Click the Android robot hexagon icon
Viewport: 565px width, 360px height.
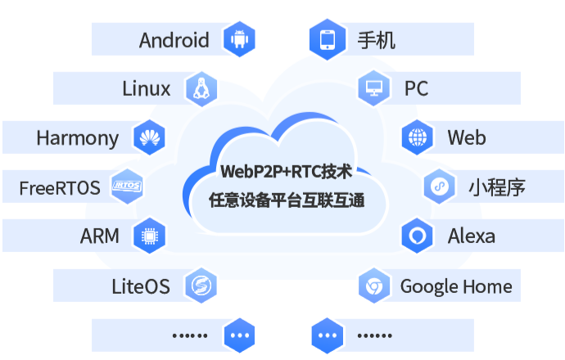coord(240,39)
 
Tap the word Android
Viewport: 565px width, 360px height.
coord(174,39)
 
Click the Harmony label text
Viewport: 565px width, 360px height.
coord(78,137)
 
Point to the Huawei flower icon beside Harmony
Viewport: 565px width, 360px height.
coord(149,137)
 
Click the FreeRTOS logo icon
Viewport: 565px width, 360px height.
coord(127,187)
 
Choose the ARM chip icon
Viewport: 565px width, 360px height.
coord(149,236)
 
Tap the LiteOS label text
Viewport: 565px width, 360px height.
coord(141,286)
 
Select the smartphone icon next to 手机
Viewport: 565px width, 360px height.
coord(326,39)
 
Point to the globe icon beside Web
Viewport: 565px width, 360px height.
coord(418,137)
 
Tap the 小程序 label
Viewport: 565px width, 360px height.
coord(496,187)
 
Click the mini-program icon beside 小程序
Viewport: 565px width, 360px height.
coord(440,187)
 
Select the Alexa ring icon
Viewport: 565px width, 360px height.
coord(418,236)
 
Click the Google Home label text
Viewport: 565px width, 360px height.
coord(455,286)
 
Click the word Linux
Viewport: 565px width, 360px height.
coord(146,88)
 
